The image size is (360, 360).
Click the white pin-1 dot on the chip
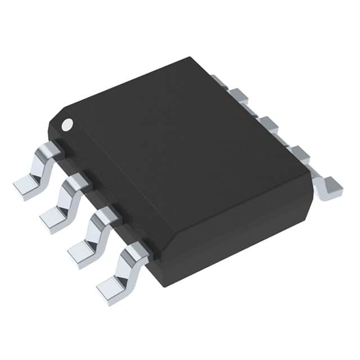(x=67, y=123)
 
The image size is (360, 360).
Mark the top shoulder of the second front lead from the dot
(x=78, y=182)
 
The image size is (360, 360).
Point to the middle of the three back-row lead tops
(x=267, y=123)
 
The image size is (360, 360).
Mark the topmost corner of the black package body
(x=191, y=57)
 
